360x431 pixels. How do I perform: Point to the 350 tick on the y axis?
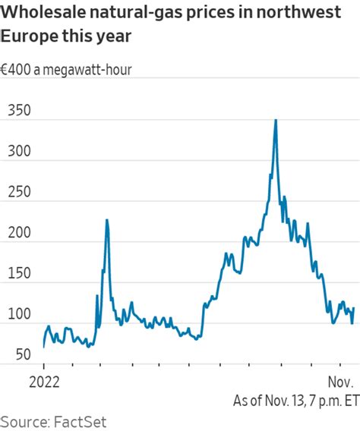[x=20, y=110]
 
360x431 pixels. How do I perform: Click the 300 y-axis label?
[x=20, y=151]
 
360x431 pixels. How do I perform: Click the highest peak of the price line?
[x=275, y=120]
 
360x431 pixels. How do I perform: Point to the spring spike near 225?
[x=107, y=220]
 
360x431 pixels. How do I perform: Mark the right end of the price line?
[x=354, y=309]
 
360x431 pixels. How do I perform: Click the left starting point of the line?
[x=44, y=346]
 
